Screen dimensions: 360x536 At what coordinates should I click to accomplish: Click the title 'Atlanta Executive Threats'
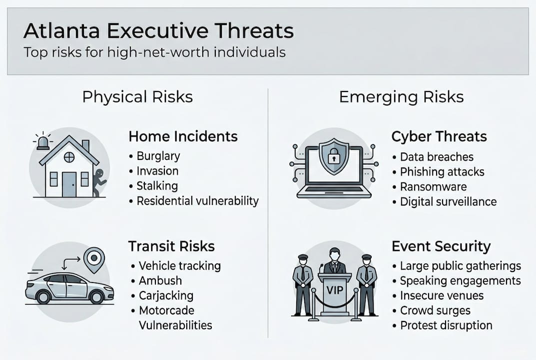158,31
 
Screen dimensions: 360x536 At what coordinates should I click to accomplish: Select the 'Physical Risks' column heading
137,96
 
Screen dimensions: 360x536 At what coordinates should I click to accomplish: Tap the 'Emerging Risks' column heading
401,96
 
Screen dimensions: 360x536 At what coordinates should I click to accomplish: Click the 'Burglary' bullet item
157,156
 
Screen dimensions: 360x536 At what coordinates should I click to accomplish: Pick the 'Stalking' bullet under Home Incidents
157,186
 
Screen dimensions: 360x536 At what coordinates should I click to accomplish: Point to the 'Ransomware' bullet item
433,186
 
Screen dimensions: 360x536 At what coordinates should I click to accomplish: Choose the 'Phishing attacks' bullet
442,171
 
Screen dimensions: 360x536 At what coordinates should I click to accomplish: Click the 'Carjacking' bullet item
166,295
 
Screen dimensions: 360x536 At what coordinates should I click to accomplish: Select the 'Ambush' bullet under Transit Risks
160,280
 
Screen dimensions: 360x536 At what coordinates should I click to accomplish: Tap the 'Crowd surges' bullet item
435,310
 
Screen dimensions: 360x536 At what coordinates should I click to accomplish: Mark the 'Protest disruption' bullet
446,325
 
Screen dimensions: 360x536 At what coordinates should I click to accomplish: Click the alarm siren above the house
43,142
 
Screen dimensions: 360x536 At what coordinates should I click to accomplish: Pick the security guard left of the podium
302,285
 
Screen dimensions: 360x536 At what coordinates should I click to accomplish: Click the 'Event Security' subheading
441,246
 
